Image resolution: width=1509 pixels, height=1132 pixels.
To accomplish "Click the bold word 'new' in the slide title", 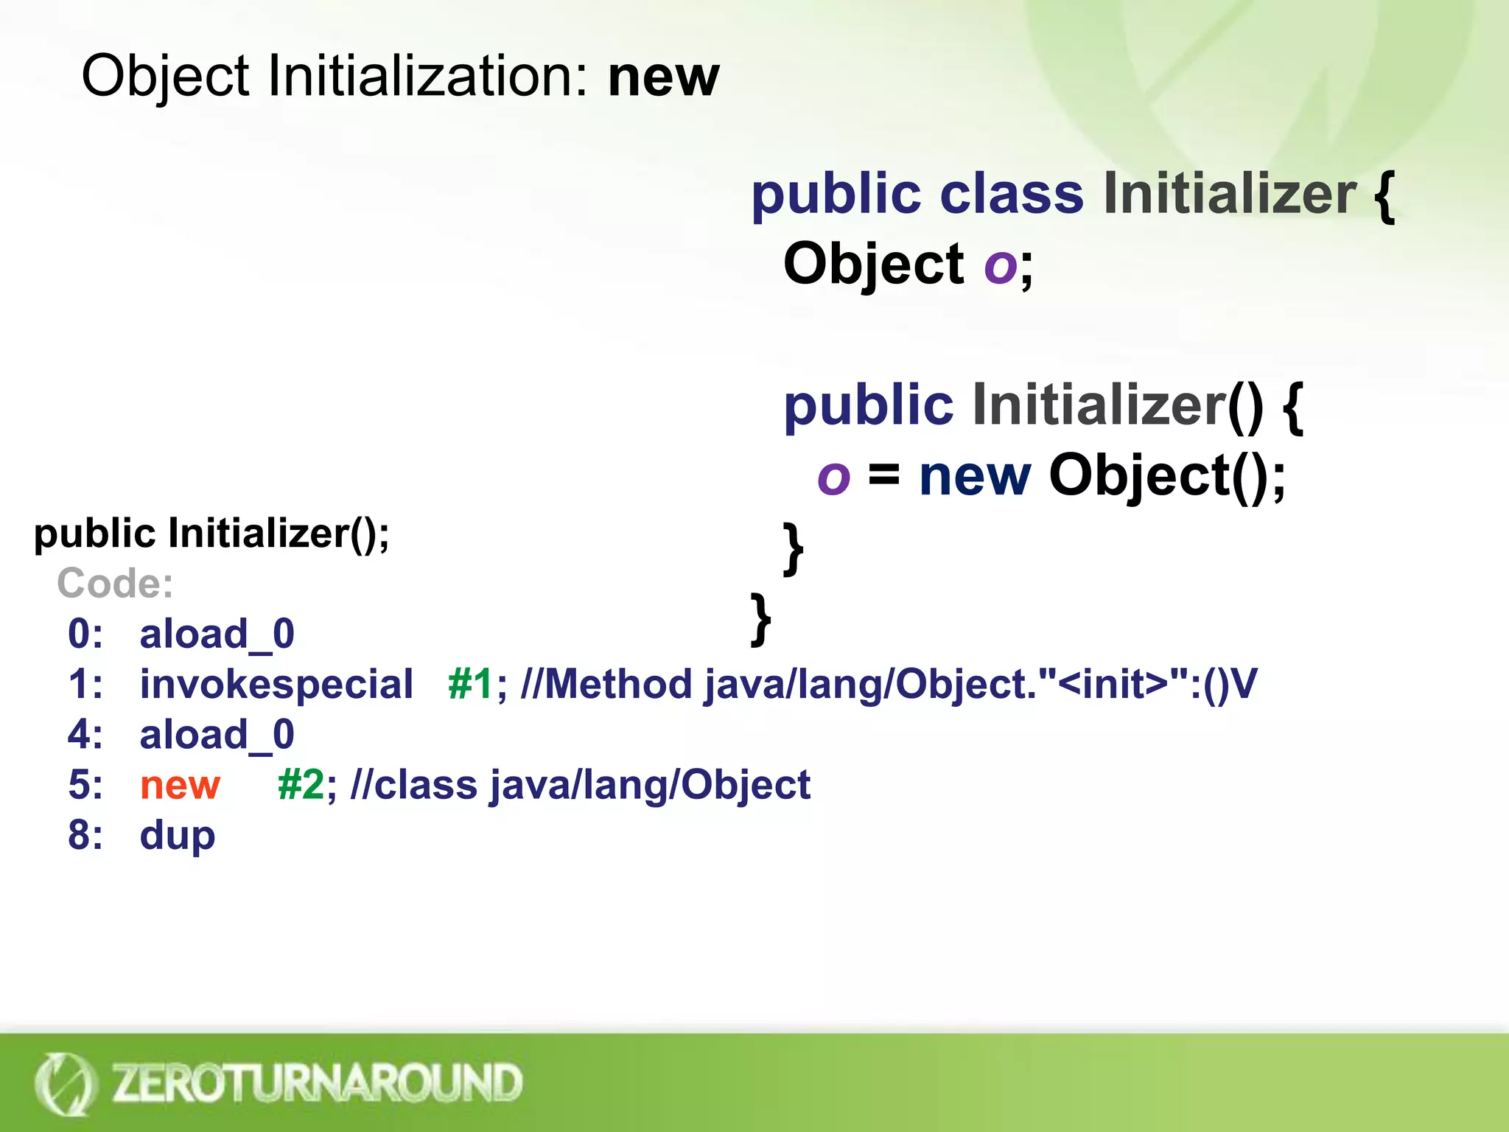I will [x=663, y=77].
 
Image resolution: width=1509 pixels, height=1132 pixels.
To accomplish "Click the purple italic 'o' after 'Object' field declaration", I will [x=1000, y=265].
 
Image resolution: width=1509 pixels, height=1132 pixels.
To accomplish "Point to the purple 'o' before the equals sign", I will [x=833, y=477].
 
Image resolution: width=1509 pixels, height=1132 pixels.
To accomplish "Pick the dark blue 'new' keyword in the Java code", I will [x=974, y=476].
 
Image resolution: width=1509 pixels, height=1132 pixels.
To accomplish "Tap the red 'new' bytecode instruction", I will [x=180, y=785].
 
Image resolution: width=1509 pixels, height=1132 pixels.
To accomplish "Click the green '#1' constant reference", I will [x=470, y=684].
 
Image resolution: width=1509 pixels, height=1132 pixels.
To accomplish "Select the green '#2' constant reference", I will [x=301, y=785].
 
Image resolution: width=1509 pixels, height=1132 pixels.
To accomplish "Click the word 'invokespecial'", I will [x=276, y=684].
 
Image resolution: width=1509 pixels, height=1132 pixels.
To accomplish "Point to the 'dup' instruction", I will [x=178, y=836].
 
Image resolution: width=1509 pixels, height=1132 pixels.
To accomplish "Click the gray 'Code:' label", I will [x=115, y=584].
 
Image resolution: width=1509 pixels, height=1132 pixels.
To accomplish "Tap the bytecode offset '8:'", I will [x=85, y=836].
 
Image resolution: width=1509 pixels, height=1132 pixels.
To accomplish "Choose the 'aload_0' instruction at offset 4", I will [x=217, y=735].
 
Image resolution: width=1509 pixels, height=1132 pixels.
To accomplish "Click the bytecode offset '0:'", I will [x=85, y=634].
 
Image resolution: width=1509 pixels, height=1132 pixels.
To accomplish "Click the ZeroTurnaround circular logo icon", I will [x=65, y=1083].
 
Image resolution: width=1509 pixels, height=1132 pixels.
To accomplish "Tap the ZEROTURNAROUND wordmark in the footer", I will [x=317, y=1083].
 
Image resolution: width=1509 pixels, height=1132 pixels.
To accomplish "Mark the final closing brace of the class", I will [x=760, y=619].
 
